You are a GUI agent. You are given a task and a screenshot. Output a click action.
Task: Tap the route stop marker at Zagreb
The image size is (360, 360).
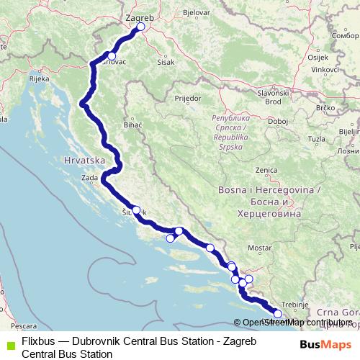tap(140, 27)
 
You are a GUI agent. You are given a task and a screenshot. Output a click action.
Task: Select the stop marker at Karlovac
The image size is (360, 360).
tap(112, 55)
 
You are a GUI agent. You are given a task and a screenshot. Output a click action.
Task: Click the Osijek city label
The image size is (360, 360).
tap(318, 56)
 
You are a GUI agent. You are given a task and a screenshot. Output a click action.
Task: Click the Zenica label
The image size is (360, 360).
tap(266, 169)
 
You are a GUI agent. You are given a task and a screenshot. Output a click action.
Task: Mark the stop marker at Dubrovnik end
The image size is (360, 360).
tap(278, 313)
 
